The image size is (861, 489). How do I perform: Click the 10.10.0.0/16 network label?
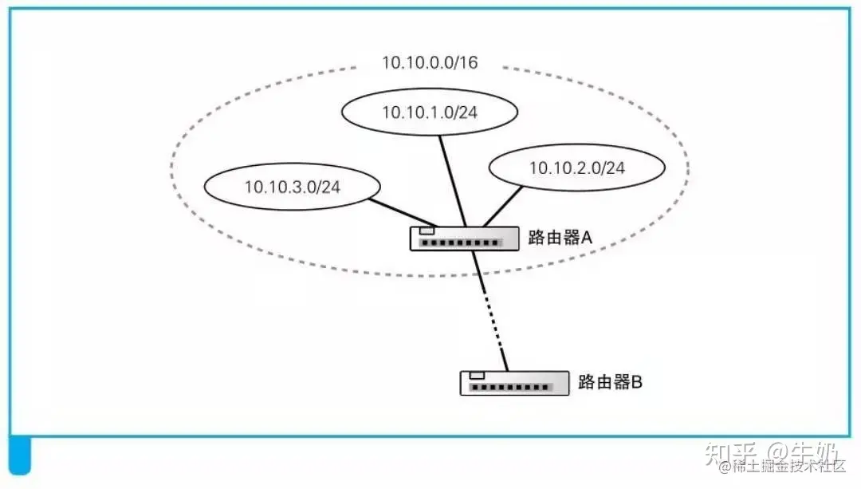pyautogui.click(x=430, y=62)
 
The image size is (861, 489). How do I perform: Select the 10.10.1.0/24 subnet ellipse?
pyautogui.click(x=430, y=112)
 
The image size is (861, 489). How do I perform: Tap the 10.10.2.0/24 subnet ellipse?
pyautogui.click(x=576, y=168)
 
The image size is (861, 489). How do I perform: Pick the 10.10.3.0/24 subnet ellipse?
pyautogui.click(x=291, y=187)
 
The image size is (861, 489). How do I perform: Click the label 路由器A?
pyautogui.click(x=559, y=236)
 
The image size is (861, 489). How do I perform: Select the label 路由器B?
pyautogui.click(x=610, y=381)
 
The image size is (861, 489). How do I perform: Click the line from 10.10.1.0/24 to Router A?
pyautogui.click(x=454, y=179)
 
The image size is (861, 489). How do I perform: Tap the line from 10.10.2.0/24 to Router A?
pyautogui.click(x=502, y=207)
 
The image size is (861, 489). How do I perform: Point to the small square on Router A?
pyautogui.click(x=427, y=231)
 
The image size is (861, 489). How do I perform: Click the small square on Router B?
pyautogui.click(x=478, y=376)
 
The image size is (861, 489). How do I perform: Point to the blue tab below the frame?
pyautogui.click(x=19, y=455)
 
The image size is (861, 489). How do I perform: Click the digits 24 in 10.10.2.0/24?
pyautogui.click(x=615, y=168)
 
